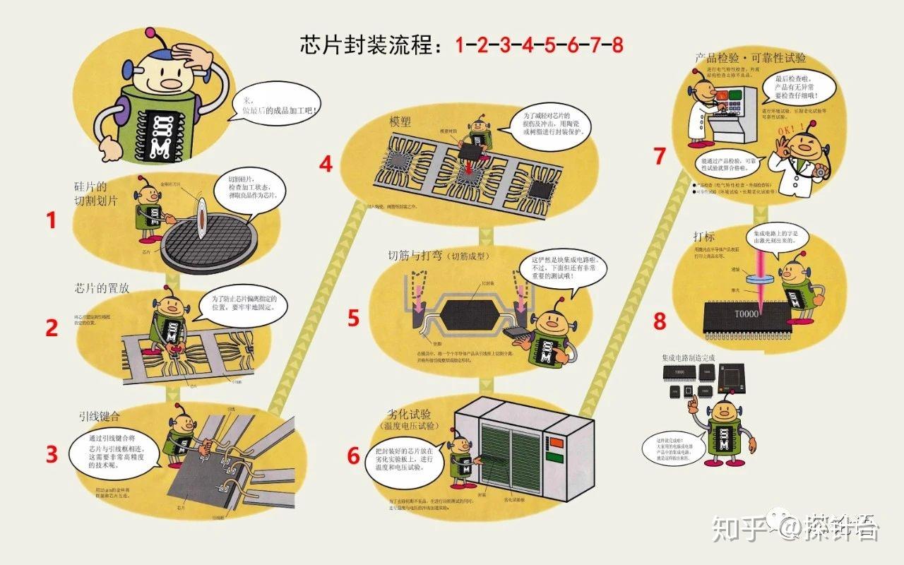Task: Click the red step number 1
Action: [51, 221]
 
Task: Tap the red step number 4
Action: [326, 165]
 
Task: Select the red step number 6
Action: [354, 456]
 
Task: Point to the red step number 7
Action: [660, 156]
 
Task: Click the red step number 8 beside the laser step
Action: [660, 321]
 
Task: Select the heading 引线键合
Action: [100, 415]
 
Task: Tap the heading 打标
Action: [704, 236]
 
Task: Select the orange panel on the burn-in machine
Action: [557, 444]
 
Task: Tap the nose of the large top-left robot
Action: [170, 83]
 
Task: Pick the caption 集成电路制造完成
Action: [688, 358]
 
